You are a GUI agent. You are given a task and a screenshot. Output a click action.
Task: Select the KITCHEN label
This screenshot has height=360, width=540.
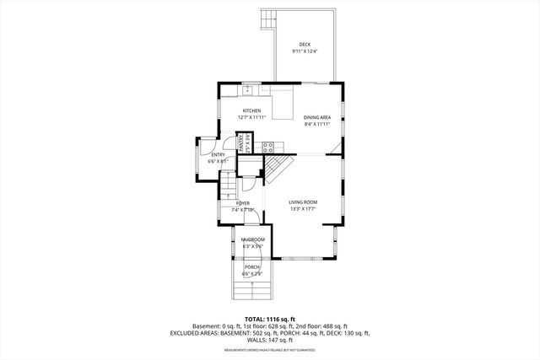251,110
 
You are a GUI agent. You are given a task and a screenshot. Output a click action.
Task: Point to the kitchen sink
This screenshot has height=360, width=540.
249,89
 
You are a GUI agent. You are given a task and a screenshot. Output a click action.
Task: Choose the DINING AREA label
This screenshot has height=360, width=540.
316,117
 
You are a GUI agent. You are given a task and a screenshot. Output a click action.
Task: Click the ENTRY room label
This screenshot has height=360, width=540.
218,154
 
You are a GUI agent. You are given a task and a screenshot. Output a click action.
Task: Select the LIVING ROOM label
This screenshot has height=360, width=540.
303,202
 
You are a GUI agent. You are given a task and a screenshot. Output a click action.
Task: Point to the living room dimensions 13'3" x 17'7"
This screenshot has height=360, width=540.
303,210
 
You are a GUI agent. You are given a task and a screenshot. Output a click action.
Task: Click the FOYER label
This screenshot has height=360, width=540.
243,203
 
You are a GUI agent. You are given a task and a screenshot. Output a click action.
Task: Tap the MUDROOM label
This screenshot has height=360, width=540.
252,239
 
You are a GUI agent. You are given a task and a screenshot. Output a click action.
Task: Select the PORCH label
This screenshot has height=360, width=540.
251,267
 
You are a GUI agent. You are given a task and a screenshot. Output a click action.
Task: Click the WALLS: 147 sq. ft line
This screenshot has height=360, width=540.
270,339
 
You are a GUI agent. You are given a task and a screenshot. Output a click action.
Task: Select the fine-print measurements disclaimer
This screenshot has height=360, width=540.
270,348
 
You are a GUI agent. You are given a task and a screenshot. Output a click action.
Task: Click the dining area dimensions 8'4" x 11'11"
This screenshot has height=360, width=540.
316,125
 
